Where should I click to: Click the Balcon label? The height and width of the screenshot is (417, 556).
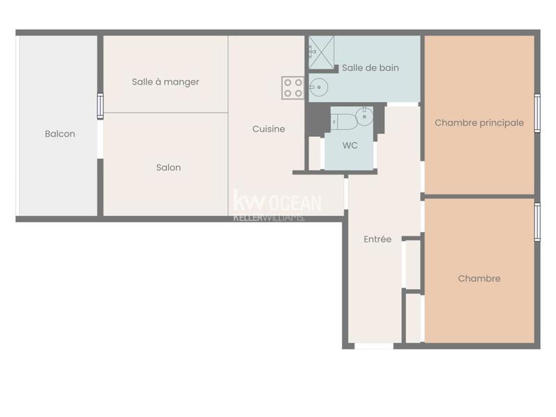click(x=60, y=134)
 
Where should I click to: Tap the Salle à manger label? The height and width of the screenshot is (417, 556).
click(x=165, y=82)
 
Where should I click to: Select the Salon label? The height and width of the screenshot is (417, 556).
click(x=168, y=167)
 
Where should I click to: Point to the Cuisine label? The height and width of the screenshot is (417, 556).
click(x=268, y=129)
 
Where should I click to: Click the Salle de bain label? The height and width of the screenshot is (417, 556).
click(x=370, y=68)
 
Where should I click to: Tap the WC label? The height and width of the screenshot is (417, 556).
click(x=350, y=147)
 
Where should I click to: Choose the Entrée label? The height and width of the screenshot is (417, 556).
click(x=377, y=240)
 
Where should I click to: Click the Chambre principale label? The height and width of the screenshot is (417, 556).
click(x=479, y=123)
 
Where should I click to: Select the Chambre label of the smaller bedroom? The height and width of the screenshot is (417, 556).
click(x=479, y=279)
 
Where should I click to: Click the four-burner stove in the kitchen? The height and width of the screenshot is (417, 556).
click(x=293, y=88)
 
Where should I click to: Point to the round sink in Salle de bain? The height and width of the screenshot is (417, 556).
click(x=318, y=88)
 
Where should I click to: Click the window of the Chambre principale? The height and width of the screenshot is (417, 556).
click(x=537, y=113)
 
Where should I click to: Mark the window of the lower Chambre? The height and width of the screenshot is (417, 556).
click(x=537, y=222)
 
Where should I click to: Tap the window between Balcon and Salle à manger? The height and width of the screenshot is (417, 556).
click(x=100, y=106)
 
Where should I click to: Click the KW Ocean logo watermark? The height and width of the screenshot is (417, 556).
click(x=277, y=202)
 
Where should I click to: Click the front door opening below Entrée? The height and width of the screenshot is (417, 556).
click(x=374, y=345)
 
